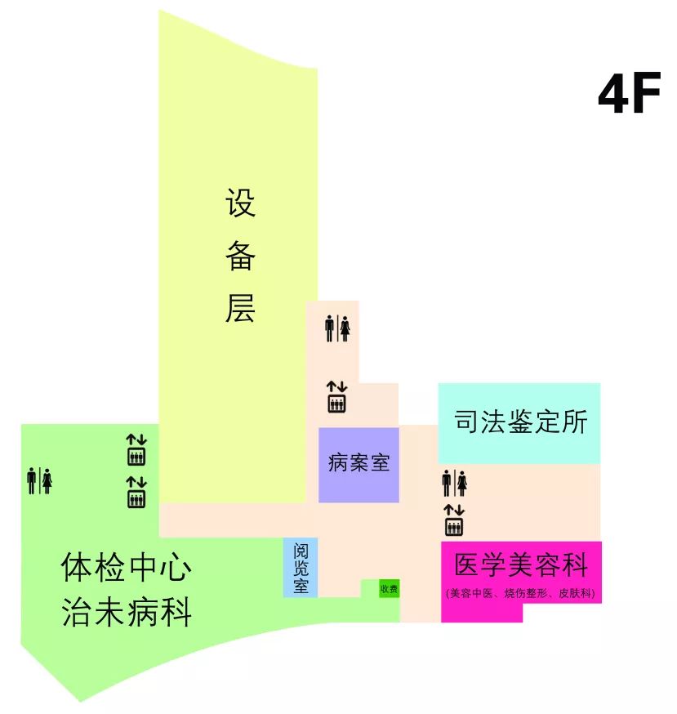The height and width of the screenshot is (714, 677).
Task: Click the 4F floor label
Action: (x=629, y=96)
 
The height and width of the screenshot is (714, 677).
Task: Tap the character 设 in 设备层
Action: (x=240, y=203)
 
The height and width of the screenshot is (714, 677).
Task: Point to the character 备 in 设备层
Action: (x=240, y=256)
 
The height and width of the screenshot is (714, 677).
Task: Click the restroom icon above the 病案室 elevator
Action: (x=337, y=328)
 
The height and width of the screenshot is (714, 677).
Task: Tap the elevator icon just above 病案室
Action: (x=336, y=398)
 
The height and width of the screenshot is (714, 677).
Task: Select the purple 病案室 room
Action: (x=359, y=464)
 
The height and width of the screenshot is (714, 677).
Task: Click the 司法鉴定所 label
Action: (x=520, y=422)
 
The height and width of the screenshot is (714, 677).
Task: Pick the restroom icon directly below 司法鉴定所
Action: (x=454, y=483)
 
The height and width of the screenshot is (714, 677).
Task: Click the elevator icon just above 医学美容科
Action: (x=454, y=521)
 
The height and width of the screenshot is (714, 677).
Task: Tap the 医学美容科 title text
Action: (x=521, y=565)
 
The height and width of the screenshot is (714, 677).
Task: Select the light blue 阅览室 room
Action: (x=301, y=567)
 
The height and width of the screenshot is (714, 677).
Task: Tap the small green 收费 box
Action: (x=389, y=588)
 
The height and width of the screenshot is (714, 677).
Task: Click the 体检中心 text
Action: (x=127, y=568)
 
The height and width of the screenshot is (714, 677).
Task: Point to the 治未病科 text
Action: (x=127, y=613)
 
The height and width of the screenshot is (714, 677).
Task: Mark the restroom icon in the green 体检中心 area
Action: (x=39, y=480)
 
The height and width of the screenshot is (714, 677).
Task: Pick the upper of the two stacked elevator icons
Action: (x=136, y=450)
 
